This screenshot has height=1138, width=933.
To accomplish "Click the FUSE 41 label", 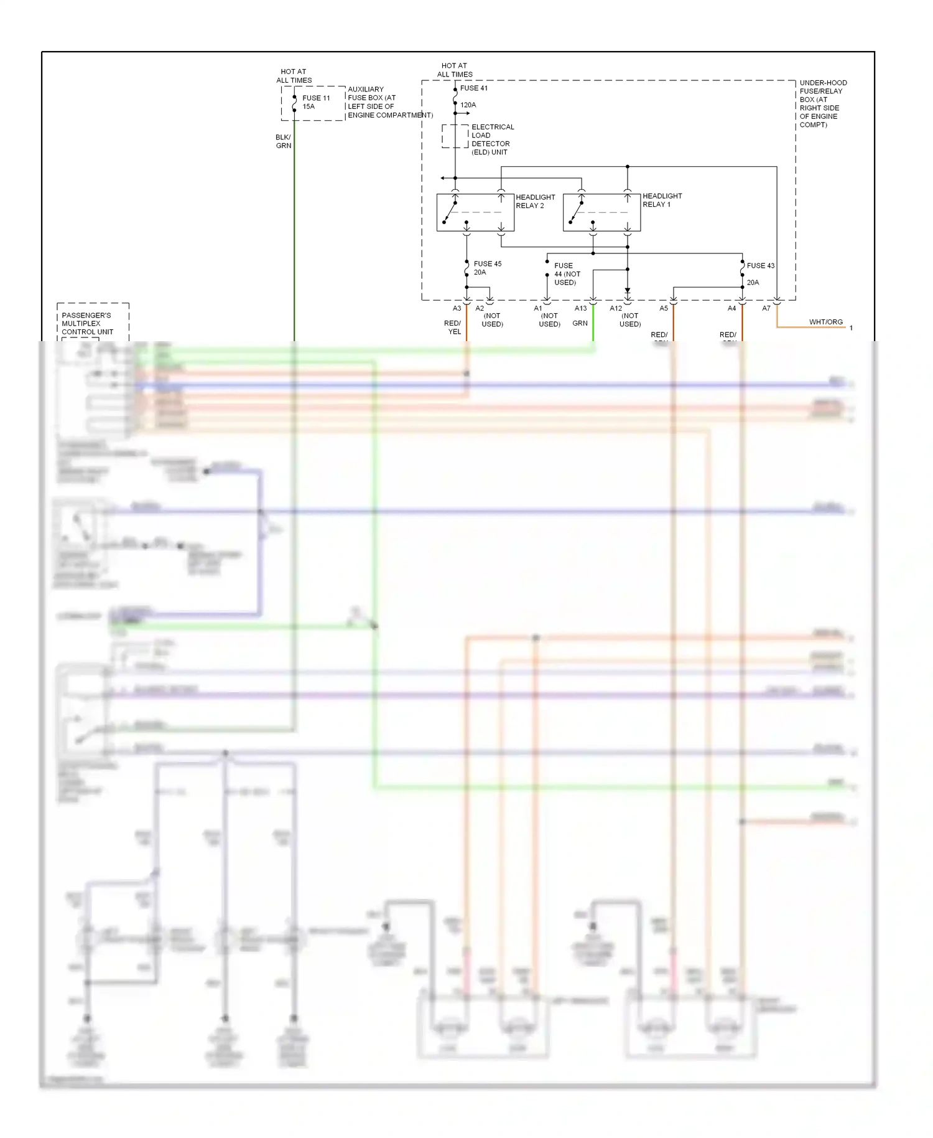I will click(x=474, y=88).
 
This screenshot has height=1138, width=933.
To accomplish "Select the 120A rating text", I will click(x=468, y=105).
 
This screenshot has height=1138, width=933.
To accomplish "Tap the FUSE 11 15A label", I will click(x=316, y=102).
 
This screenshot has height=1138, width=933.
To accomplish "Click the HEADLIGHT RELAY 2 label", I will click(x=535, y=201).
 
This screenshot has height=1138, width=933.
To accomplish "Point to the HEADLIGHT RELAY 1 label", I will click(x=662, y=200).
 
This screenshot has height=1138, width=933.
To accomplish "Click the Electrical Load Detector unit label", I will click(x=492, y=139).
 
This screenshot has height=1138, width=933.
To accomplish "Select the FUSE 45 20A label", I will click(x=487, y=268).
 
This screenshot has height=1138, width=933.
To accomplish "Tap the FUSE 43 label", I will click(x=760, y=266).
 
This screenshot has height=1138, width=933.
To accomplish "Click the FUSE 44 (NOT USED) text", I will click(x=567, y=274).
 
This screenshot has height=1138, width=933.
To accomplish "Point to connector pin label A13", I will click(x=580, y=308).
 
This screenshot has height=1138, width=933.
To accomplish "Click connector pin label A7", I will click(x=766, y=308).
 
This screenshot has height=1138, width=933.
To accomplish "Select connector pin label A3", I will click(x=457, y=308).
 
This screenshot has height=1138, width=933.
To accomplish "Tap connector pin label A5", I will click(x=664, y=308).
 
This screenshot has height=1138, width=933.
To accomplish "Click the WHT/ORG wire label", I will click(x=825, y=322).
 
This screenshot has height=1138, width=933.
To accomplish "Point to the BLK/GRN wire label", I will click(x=283, y=141).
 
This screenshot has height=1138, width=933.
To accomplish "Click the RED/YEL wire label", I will click(x=453, y=327).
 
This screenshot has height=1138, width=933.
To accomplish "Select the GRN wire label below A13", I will click(x=580, y=323).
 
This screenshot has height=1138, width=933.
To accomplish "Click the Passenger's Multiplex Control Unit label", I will click(x=87, y=324).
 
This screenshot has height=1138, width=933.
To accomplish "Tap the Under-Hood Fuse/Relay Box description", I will click(x=822, y=104).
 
